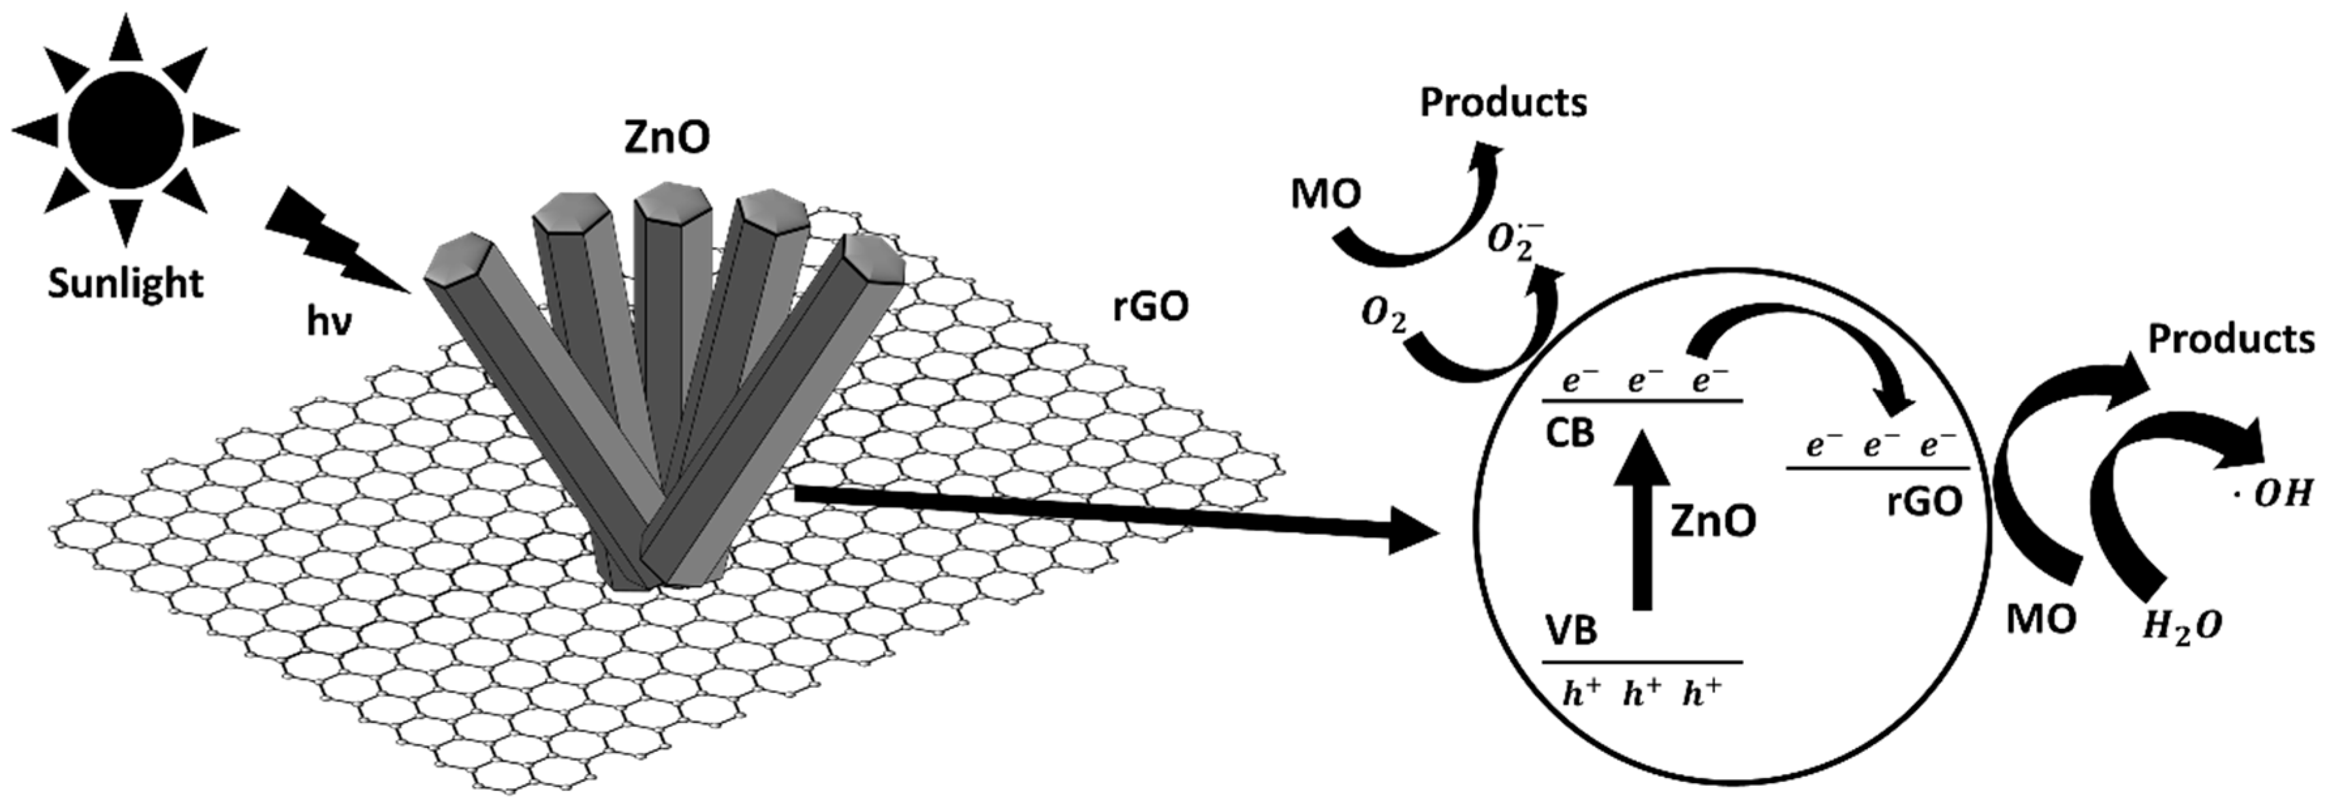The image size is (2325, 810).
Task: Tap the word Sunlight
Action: [x=125, y=283]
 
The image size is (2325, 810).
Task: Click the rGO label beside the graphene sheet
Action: [x=1151, y=307]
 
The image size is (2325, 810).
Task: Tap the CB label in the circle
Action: [x=1570, y=434]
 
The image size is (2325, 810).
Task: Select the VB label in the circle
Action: [x=1572, y=630]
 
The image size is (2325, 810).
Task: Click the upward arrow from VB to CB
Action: [x=1643, y=519]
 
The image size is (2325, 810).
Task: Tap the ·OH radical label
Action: [x=2271, y=494]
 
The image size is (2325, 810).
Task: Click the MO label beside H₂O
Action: [x=2042, y=619]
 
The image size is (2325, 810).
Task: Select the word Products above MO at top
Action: [x=1504, y=103]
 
